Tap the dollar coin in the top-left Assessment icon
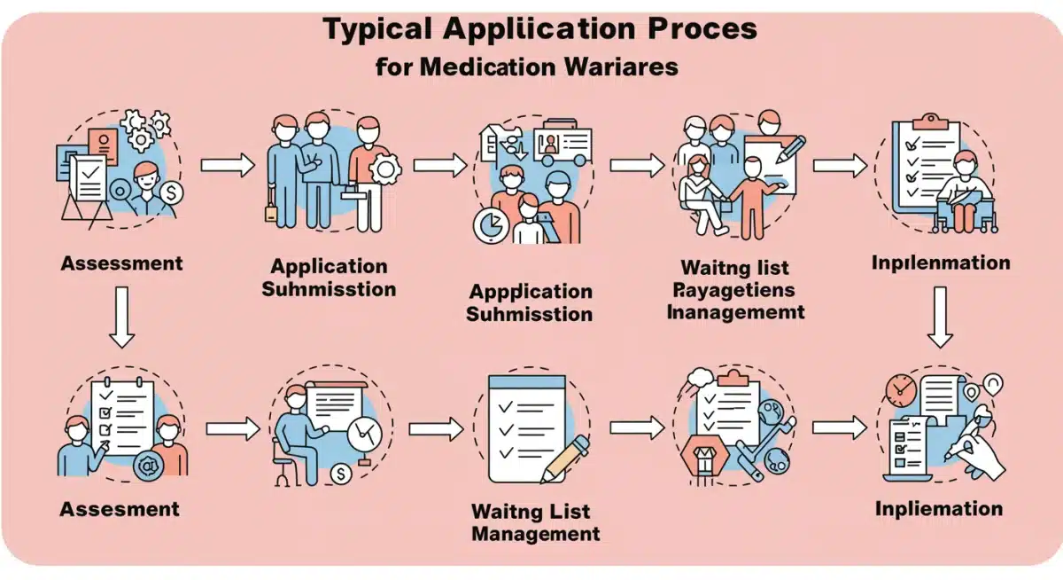[171, 191]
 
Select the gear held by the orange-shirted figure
[384, 168]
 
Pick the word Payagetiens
[733, 289]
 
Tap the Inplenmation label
[941, 263]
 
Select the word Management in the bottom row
[536, 534]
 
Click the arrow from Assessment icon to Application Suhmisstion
[228, 165]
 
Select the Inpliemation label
[939, 509]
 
